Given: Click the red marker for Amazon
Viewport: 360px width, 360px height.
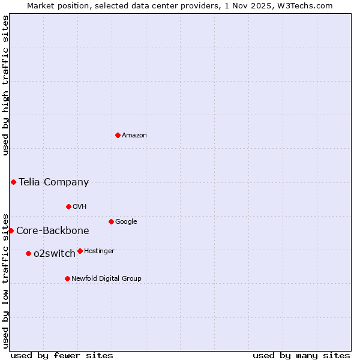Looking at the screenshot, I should [118, 135].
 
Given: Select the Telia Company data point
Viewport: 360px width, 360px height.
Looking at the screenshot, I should [13, 182].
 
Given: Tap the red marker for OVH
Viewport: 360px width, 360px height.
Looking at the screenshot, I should [68, 206].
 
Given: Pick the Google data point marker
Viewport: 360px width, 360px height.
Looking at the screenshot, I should [111, 221].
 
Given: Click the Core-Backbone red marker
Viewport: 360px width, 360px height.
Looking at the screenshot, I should [11, 230].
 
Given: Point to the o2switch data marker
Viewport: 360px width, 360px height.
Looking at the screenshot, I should [28, 253].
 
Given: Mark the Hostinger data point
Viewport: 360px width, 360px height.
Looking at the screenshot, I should [80, 251].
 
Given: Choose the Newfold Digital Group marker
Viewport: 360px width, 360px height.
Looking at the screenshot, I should [67, 278].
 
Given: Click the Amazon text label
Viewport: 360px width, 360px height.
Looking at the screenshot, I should [134, 136].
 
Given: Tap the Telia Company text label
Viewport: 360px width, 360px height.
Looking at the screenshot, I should [54, 182].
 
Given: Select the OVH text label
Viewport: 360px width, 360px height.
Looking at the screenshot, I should [80, 207].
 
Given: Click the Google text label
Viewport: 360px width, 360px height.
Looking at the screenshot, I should [126, 222].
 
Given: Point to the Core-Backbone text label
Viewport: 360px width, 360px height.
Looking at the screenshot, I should [53, 231].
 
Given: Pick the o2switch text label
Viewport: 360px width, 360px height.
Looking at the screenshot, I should [55, 254].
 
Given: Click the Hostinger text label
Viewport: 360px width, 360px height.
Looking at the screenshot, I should [99, 251].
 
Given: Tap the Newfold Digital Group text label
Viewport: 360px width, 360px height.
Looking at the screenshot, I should [107, 279].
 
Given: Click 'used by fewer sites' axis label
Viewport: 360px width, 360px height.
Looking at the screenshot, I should [62, 356].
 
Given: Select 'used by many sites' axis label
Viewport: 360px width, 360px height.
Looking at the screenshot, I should [301, 356].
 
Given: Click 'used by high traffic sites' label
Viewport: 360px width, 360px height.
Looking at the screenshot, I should [5, 85].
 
